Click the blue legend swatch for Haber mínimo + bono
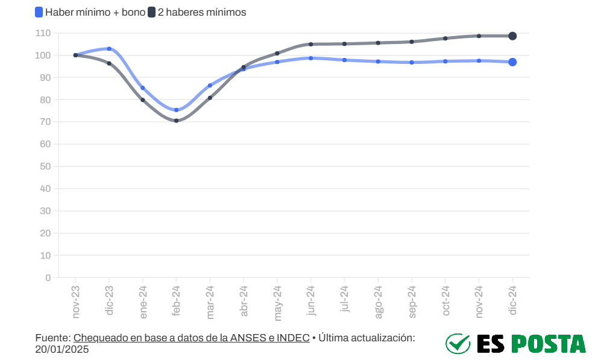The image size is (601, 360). tap(39, 12)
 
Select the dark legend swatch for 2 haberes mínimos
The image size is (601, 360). tap(152, 12)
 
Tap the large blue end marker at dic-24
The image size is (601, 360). tap(512, 62)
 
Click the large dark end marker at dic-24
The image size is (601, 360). tap(512, 36)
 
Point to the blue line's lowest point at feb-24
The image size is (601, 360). tap(176, 110)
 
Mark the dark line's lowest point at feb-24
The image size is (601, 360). tap(176, 121)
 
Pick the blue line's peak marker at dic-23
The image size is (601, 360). tap(109, 49)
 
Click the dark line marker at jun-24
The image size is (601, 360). tap(311, 44)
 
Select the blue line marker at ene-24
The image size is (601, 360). tap(143, 88)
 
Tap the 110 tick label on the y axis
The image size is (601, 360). tap(43, 33)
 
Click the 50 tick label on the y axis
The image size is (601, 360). tap(45, 166)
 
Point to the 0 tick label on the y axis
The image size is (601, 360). tap(48, 278)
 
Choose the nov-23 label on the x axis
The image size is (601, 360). tap(76, 302)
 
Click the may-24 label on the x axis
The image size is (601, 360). tap(277, 303)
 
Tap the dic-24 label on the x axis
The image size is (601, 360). tap(513, 301)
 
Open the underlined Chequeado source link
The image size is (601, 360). tap(191, 338)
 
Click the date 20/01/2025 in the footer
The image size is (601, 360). tap(62, 349)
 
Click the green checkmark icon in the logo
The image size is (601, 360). tap(458, 344)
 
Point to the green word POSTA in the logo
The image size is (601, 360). tap(548, 344)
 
